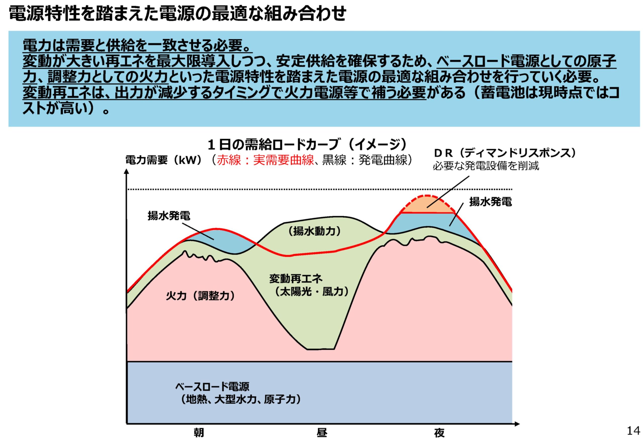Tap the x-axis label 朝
[199, 433]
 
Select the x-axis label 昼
[322, 433]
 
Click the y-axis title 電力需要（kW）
[164, 160]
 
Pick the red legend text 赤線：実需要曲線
[265, 160]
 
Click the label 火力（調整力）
[200, 296]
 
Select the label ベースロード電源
[212, 386]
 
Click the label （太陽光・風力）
[311, 292]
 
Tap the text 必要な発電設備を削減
[486, 166]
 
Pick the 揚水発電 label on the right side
[491, 202]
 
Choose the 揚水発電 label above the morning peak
[169, 216]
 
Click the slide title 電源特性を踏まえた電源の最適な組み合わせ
[178, 13]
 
